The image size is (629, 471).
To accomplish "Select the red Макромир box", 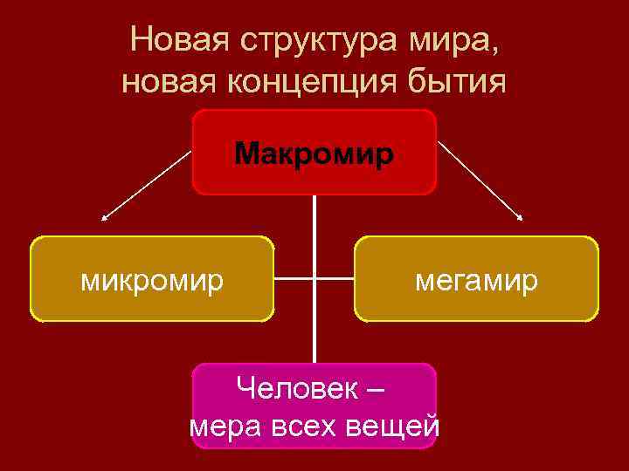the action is pyautogui.click(x=314, y=179).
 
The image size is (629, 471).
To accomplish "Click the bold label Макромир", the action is pyautogui.click(x=314, y=154).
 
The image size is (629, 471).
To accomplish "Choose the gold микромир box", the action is pyautogui.click(x=152, y=301).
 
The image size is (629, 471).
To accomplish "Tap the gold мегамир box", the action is pyautogui.click(x=476, y=301).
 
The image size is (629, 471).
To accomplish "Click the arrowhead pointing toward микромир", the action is pyautogui.click(x=103, y=217).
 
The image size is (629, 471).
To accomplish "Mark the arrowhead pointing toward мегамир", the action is pyautogui.click(x=522, y=217).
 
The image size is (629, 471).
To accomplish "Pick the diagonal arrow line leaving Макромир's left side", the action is pyautogui.click(x=147, y=183).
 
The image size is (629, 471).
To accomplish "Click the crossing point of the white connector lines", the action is pyautogui.click(x=314, y=279).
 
